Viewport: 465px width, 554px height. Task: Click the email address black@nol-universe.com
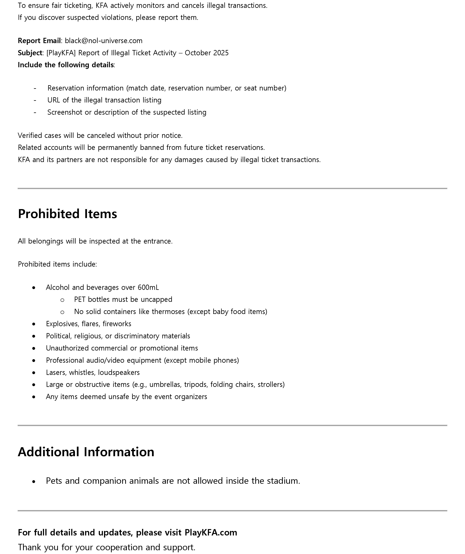[x=103, y=41]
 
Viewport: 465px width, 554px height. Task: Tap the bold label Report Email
[x=39, y=41]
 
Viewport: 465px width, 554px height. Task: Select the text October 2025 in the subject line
[x=207, y=53]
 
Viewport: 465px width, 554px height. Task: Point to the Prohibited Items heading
[x=67, y=214]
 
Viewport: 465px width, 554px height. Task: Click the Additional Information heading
[x=86, y=452]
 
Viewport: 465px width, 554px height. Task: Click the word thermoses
[x=168, y=312]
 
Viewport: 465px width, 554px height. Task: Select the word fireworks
[x=117, y=324]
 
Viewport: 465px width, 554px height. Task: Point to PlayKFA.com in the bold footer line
[x=211, y=532]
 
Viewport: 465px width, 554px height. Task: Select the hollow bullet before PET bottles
[x=62, y=300]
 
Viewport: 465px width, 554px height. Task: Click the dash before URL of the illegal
[x=35, y=100]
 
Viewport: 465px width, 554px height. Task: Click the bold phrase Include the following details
[x=66, y=65]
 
